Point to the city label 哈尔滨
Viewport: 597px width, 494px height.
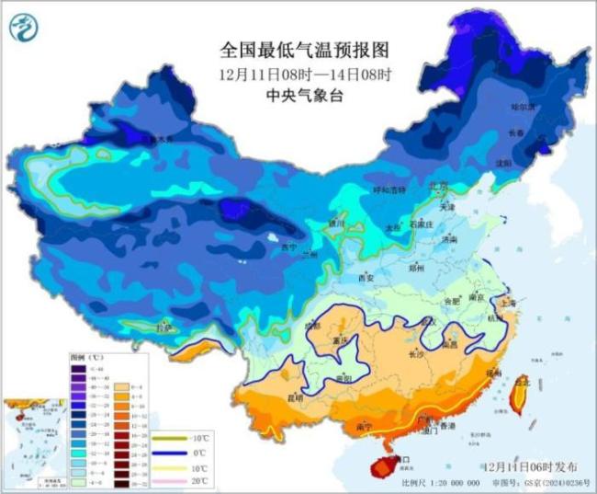coord(523,108)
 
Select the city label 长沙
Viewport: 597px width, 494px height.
coord(415,354)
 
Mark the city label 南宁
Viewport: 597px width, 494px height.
coord(362,427)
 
